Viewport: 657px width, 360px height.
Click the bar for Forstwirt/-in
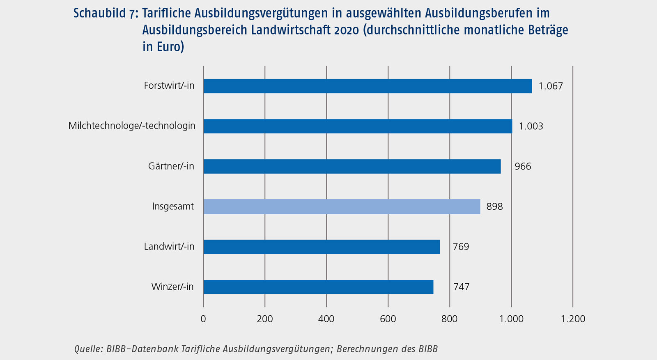(367, 86)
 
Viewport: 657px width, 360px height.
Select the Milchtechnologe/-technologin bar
(357, 126)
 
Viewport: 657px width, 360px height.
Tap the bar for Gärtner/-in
(351, 166)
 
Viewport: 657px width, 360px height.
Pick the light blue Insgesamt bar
(341, 206)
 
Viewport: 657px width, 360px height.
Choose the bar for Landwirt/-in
(321, 247)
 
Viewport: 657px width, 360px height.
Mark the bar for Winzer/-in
(318, 287)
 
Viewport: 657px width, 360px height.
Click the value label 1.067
(551, 86)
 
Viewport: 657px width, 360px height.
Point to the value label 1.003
(531, 126)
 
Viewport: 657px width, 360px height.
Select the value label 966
(523, 166)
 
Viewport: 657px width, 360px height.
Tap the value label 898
(494, 206)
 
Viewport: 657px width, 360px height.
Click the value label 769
(461, 247)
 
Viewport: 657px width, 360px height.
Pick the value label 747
(461, 287)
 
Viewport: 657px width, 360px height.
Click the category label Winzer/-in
(172, 287)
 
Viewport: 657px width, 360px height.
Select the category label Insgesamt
(173, 206)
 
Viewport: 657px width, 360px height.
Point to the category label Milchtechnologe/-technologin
(132, 126)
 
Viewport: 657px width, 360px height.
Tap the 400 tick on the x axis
(326, 319)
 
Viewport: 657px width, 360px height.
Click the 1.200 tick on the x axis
(572, 319)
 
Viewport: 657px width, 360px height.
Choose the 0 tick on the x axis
(203, 319)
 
